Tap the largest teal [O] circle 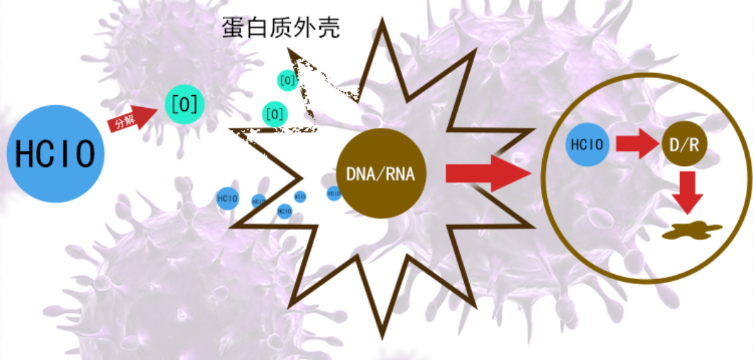[x=184, y=105]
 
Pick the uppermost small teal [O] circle [x=287, y=80]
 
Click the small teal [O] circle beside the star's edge [x=275, y=113]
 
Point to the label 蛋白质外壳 [x=280, y=28]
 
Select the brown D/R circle [x=685, y=145]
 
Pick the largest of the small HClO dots [x=227, y=198]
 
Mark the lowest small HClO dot [x=285, y=210]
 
